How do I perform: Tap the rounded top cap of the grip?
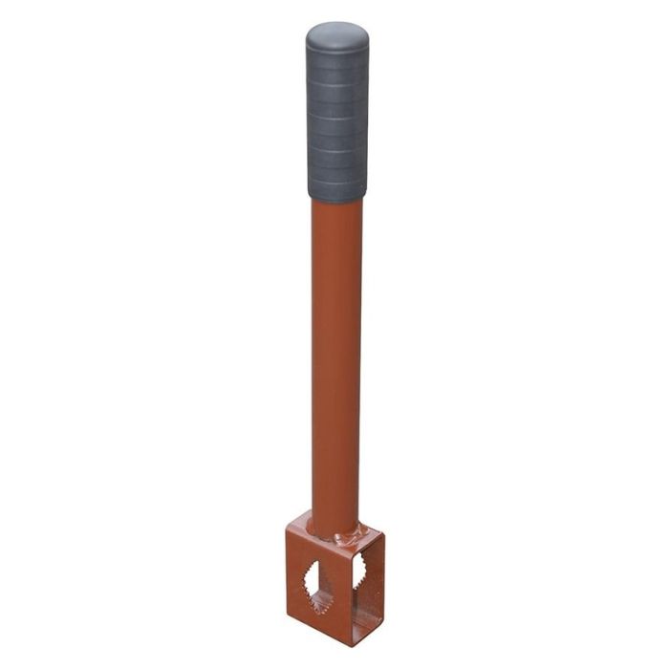tap(337, 38)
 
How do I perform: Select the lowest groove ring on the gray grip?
tap(337, 180)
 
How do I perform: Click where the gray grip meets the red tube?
tap(337, 199)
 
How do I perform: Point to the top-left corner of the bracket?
tap(288, 535)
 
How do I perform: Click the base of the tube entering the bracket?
tap(335, 522)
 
